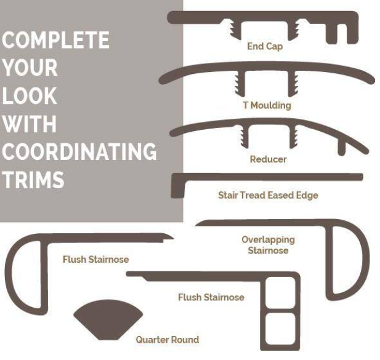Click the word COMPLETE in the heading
(56, 40)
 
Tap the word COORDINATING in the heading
(79, 151)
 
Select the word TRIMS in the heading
(33, 180)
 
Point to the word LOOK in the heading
(30, 95)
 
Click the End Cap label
(265, 46)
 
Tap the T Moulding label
(267, 105)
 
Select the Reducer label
(269, 159)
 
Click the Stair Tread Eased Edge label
(268, 195)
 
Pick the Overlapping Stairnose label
(269, 245)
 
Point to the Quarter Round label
(168, 340)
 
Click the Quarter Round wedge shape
(108, 319)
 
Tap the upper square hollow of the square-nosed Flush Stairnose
(280, 293)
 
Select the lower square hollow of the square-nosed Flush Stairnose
(280, 329)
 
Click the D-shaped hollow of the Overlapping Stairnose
(347, 260)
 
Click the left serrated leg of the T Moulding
(240, 84)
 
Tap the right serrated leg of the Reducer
(294, 137)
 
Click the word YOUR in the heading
(30, 68)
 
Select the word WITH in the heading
(30, 124)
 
